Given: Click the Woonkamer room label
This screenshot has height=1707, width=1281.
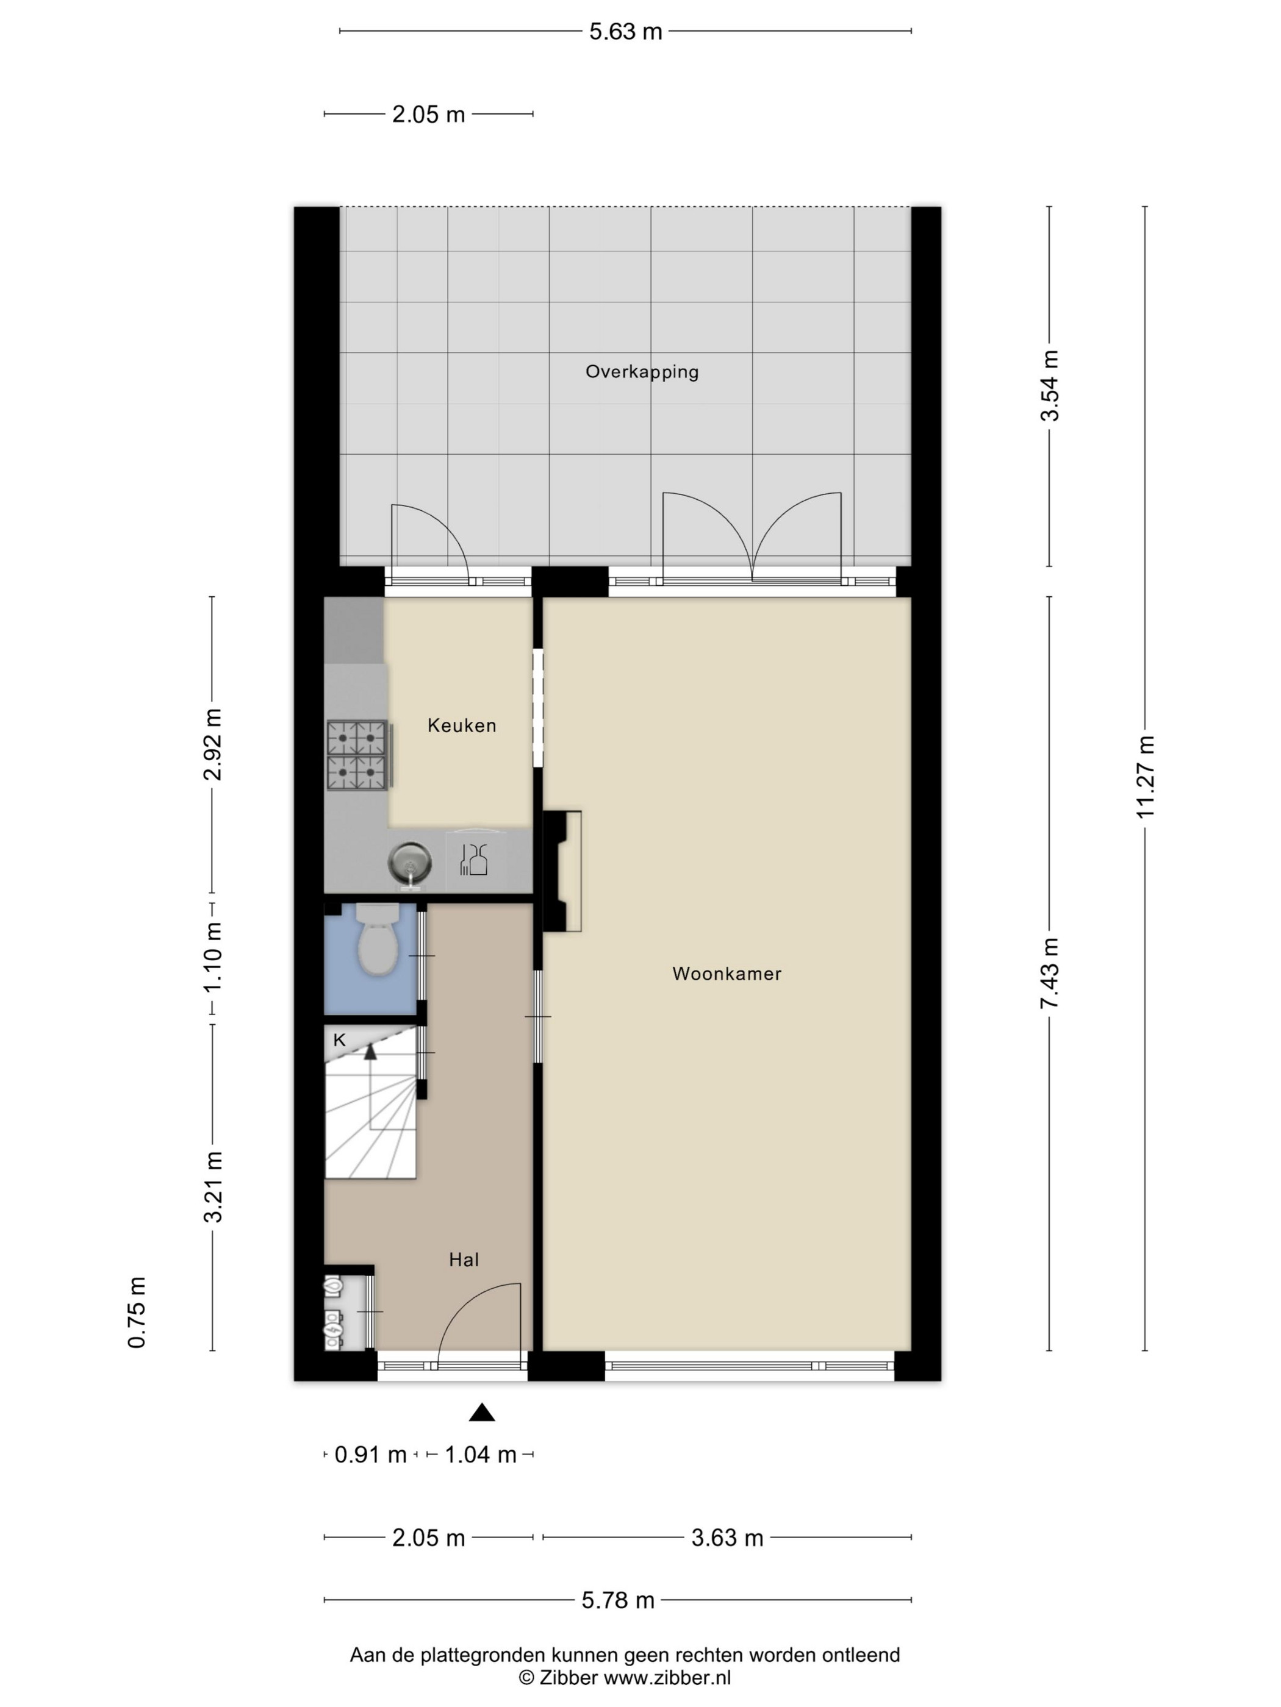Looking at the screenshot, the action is coord(727,974).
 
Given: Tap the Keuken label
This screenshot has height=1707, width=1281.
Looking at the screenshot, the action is coord(462,725).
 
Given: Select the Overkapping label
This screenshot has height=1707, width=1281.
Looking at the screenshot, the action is coord(642,372).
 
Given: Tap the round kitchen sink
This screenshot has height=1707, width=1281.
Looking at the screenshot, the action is coord(409,863).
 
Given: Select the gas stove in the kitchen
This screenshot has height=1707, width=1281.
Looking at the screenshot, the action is coord(357,755).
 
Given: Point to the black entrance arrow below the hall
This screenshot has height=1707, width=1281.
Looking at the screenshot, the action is coord(482,1412).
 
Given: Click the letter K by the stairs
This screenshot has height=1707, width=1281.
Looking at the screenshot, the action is coord(339,1040).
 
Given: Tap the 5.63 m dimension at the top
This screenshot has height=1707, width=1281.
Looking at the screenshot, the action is coord(625,32).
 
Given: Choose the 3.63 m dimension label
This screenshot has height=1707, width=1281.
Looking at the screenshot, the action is coord(727,1538).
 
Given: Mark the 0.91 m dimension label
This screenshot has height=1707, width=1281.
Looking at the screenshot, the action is coord(370,1455).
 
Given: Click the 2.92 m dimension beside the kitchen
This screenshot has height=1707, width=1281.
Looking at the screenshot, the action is coord(212,745).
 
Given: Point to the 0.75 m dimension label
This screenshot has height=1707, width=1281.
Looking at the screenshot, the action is coord(137,1313).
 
